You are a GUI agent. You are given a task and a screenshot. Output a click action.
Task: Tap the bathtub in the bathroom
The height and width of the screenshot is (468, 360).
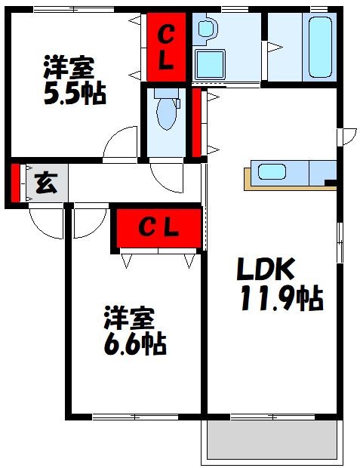(320, 48)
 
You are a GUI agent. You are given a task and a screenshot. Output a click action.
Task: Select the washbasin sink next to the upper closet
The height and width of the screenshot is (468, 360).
(205, 31)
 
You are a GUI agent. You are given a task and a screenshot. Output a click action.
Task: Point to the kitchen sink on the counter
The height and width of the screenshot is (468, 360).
(272, 171)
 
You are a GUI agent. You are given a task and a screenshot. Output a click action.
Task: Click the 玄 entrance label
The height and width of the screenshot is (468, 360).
(45, 183)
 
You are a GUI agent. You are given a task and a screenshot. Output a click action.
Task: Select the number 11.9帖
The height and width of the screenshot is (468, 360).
(282, 299)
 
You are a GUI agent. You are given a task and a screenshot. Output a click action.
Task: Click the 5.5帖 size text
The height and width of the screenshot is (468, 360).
(72, 95)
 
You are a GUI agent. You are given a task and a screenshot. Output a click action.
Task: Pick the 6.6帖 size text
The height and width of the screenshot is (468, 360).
(134, 343)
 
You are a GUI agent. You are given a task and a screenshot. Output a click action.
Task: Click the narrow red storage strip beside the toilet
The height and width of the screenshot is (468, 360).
(197, 122)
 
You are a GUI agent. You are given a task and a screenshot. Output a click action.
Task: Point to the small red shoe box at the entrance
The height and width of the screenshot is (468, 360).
(15, 183)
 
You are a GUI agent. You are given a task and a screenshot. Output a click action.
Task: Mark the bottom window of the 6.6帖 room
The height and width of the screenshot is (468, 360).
(136, 416)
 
